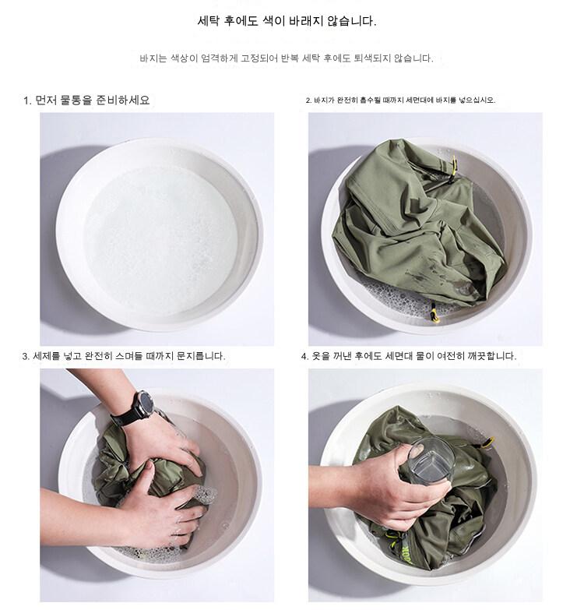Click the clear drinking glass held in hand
click(x=431, y=461)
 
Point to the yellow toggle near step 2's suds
click(x=434, y=312)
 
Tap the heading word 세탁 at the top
click(x=209, y=21)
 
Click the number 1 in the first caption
click(x=26, y=100)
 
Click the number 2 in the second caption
click(x=308, y=100)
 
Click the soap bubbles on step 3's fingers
click(x=203, y=495)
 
